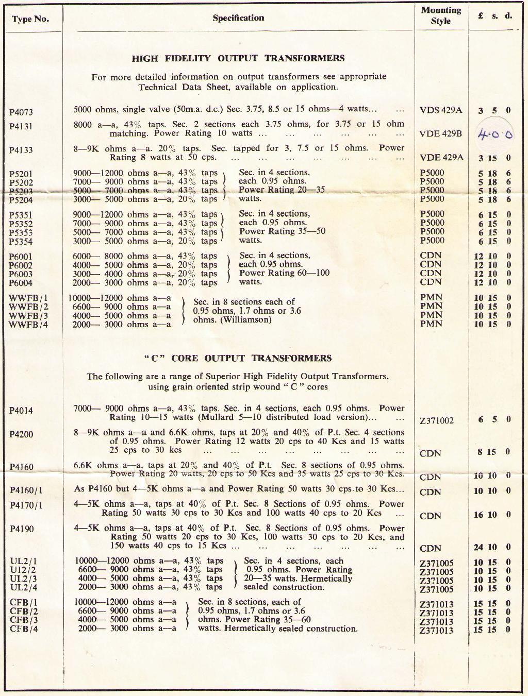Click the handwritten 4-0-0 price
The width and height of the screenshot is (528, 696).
495,134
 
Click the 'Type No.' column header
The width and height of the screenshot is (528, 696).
30,19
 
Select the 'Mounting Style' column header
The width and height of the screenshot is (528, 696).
441,15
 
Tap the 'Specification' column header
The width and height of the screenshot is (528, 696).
238,18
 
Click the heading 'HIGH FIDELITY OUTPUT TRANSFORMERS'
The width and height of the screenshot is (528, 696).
238,58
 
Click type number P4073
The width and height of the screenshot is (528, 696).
21,111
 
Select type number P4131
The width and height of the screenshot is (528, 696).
21,126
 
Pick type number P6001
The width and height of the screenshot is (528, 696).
21,257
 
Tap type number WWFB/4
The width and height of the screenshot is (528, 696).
28,325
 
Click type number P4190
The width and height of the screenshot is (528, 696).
21,529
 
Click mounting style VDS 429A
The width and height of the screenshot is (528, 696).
441,110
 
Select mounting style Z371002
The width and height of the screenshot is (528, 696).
437,420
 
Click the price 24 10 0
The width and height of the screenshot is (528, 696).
492,547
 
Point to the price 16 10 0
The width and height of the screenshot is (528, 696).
492,515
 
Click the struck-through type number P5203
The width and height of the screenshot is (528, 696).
21,191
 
